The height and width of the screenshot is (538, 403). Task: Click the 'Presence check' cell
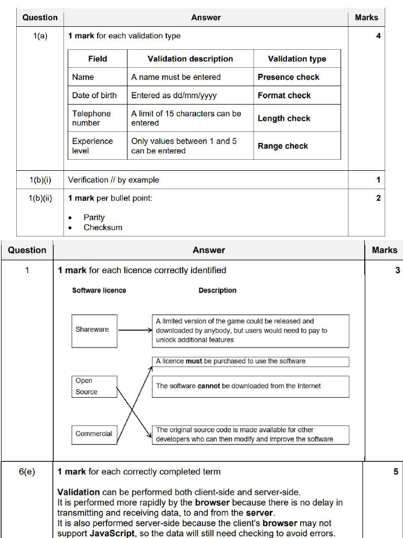tap(297, 77)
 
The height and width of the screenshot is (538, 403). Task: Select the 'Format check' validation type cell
tap(297, 95)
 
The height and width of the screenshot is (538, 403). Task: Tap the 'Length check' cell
tap(297, 118)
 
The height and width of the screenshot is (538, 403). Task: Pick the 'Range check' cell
tap(297, 146)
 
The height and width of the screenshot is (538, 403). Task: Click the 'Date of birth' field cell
tap(97, 95)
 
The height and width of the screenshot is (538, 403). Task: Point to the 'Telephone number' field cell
tap(97, 118)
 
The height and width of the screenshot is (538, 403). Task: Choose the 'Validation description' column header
tap(190, 59)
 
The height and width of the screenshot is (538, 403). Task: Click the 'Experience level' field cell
tap(97, 146)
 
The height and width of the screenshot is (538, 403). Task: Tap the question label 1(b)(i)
tap(40, 180)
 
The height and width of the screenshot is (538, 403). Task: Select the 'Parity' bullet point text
tap(94, 217)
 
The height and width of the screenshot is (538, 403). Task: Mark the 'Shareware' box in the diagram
tap(94, 330)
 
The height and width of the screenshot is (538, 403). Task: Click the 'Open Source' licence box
tap(94, 386)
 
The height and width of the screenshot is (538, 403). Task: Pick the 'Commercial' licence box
tap(94, 434)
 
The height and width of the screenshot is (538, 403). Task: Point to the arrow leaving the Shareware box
tap(135, 331)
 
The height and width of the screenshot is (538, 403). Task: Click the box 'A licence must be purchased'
tap(250, 361)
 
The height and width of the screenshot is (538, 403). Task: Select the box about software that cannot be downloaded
tap(250, 386)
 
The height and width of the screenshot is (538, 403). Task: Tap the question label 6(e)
tap(27, 471)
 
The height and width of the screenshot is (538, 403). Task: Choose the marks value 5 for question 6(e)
tap(396, 471)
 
